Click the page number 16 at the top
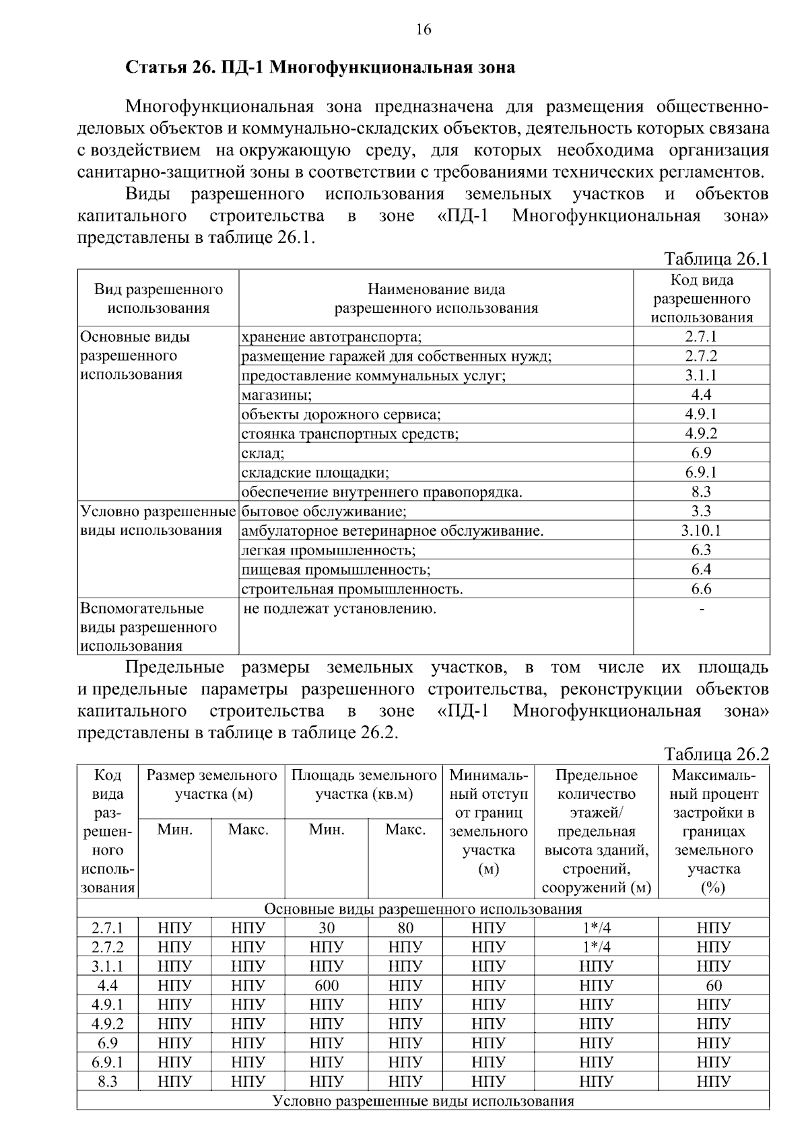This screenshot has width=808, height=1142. pos(423,30)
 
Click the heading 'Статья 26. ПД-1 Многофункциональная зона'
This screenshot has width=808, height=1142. pos(321,68)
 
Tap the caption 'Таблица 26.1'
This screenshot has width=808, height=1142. pos(716,259)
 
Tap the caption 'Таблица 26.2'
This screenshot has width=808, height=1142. pos(716,754)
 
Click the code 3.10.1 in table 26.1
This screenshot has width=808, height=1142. pos(701,531)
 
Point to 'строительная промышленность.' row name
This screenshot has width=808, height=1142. pos(352,590)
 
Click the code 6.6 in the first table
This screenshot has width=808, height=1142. pos(701,590)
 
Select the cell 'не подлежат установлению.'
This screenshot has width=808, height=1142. pos(339,610)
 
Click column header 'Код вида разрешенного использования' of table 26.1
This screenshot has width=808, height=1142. pos(702,299)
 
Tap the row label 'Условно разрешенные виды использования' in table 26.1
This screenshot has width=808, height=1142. pos(158,521)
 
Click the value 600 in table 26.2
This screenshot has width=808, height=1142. pos(327,986)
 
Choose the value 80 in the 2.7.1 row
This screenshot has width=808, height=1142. pos(405,928)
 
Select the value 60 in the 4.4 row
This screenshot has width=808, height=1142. pos(714,986)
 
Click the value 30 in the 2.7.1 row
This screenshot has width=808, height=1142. pos(327,928)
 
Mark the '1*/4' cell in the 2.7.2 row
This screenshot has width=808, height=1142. pos(596,948)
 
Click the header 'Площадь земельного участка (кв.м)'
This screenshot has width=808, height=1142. pos(364,785)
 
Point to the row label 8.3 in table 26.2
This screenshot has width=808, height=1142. pos(107,1082)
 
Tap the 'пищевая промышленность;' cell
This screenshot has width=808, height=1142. pos(336,570)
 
